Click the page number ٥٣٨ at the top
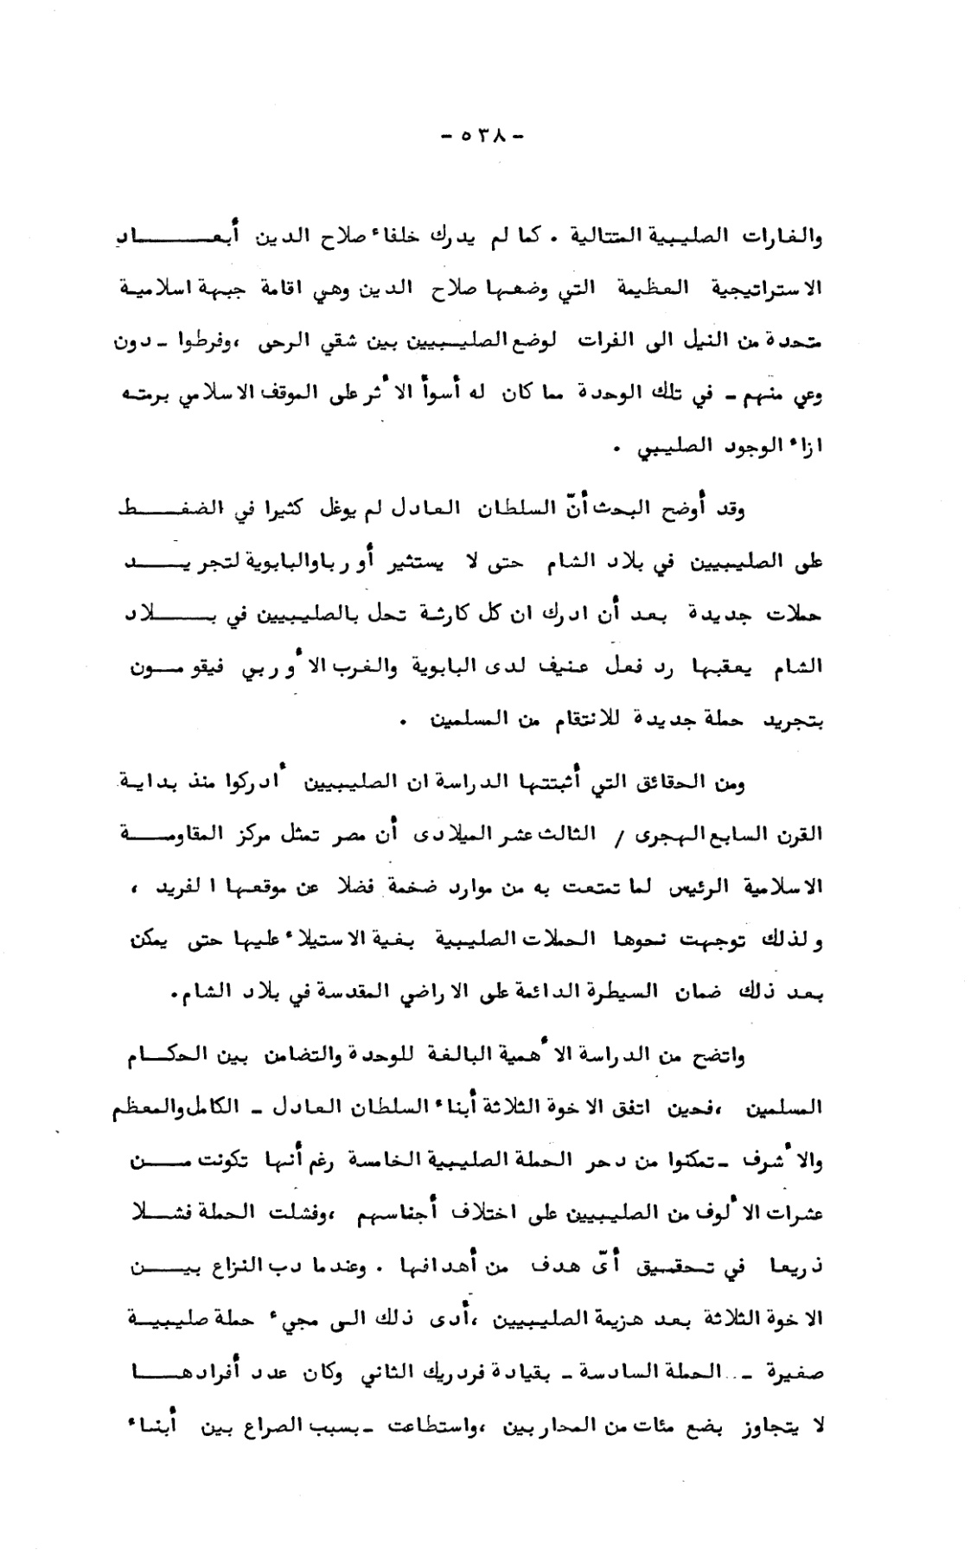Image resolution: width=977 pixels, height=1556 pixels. coord(482,136)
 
